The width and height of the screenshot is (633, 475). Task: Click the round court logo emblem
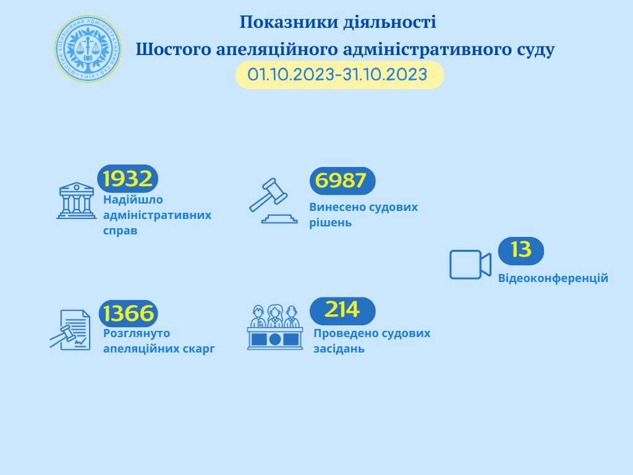coord(88,49)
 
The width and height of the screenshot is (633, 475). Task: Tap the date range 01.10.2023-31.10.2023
coord(338,75)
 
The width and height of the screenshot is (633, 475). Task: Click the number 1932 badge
coord(127,179)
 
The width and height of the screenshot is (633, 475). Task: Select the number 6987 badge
coord(342,181)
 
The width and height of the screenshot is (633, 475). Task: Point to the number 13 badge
coord(520,251)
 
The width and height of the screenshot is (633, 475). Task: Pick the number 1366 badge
coord(129,314)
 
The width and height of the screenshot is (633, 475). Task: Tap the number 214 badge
coord(342,311)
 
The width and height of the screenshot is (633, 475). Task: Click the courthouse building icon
coord(77,201)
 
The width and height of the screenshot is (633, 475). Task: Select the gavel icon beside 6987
coord(273,200)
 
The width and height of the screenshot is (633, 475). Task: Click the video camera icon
coord(470,265)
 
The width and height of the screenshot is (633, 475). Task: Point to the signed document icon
coord(70,330)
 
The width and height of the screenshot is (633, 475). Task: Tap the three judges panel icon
coord(275,327)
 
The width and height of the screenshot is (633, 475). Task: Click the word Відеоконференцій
coord(553,278)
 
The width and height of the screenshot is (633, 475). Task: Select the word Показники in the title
coord(289,22)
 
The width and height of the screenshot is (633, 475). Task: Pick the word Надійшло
coord(134,200)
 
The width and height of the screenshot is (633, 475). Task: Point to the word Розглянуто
coord(137,333)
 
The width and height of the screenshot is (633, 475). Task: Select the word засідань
coord(339,349)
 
